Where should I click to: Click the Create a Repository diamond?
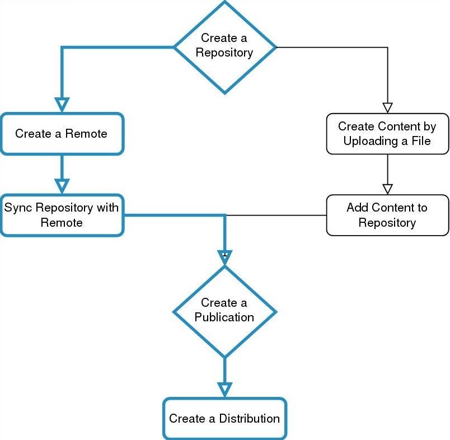(224, 46)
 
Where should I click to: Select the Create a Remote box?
(62, 134)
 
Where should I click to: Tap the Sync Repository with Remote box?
(62, 215)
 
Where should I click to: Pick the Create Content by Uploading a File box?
(387, 134)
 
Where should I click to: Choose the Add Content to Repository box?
(387, 215)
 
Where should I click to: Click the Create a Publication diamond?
(224, 311)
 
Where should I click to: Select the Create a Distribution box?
(224, 418)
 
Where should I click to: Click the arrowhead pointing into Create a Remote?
(62, 105)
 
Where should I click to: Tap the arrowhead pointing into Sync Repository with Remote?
(62, 185)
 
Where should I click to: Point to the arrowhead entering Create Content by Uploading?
(387, 107)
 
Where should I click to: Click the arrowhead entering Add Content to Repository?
(387, 189)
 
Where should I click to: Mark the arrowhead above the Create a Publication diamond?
(224, 258)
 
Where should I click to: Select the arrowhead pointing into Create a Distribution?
(224, 389)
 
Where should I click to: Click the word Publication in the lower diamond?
(224, 317)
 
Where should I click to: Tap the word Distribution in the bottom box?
(249, 418)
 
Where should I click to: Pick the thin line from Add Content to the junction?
(280, 215)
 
